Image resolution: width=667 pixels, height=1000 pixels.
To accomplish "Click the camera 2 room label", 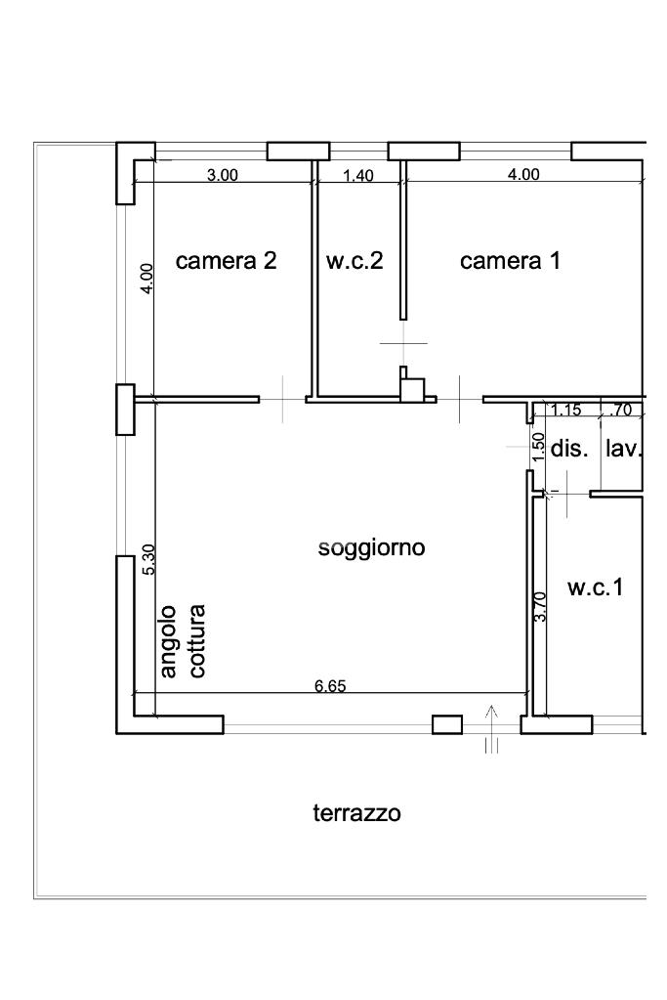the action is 227,261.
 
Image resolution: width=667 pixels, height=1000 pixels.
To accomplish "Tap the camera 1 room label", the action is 511,261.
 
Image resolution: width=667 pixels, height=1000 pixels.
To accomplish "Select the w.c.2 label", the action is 354,261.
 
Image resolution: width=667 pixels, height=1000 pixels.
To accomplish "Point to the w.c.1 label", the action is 596,587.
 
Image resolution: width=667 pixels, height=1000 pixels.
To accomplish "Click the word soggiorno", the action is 371,547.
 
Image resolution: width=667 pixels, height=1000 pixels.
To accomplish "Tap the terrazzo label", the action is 356,813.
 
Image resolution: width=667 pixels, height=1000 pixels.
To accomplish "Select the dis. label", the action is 569,449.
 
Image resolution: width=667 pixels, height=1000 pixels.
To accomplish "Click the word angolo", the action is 169,641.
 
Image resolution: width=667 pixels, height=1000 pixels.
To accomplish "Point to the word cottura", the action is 197,641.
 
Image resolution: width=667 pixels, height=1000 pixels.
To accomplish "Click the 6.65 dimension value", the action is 331,686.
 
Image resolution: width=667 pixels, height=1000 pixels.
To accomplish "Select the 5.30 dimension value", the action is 148,559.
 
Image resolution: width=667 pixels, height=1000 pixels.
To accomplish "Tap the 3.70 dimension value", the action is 539,607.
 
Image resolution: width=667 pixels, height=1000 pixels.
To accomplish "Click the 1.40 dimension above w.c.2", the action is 358,175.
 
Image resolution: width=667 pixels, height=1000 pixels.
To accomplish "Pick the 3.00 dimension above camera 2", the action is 223,175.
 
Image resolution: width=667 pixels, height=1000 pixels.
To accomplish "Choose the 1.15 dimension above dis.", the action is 565,411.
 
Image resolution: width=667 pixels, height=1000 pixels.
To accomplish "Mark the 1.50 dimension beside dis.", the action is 539,447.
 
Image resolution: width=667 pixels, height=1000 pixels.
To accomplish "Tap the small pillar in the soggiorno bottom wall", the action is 447,724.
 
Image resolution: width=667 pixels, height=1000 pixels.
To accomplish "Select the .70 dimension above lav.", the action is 620,411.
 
